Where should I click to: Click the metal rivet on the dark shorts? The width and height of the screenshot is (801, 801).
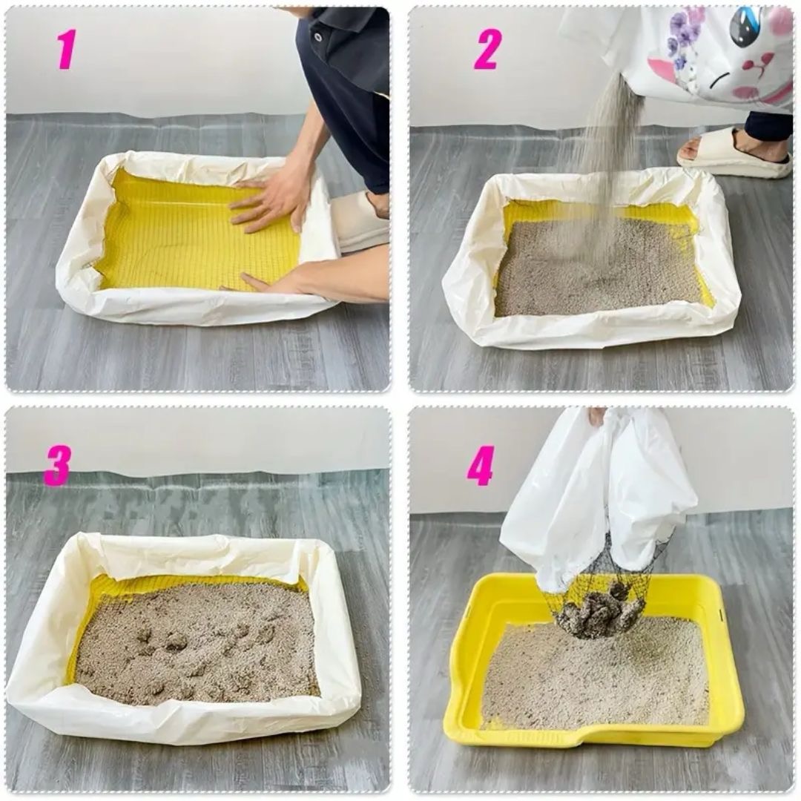click(x=318, y=37)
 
